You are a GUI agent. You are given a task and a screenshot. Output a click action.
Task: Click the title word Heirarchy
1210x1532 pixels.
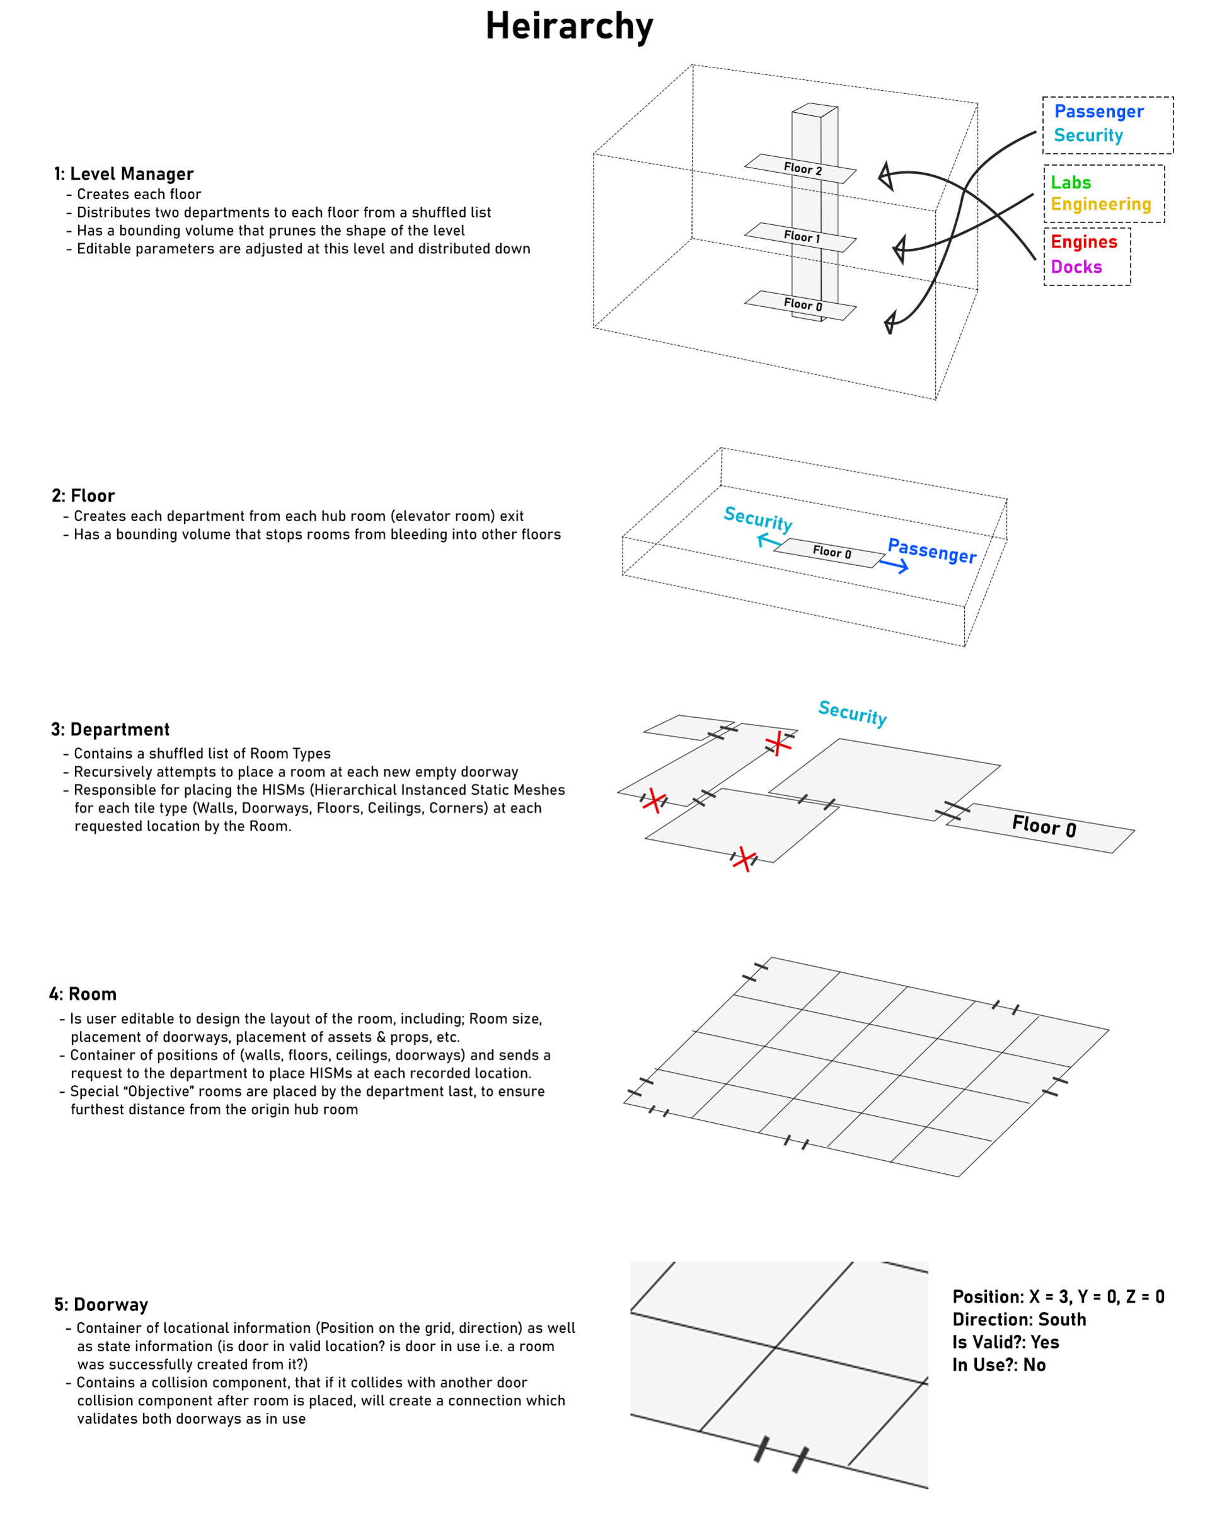click(x=569, y=27)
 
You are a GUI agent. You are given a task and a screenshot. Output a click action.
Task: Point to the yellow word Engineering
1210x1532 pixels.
click(x=1100, y=205)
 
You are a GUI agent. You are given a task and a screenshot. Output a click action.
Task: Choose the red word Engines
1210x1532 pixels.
click(x=1083, y=242)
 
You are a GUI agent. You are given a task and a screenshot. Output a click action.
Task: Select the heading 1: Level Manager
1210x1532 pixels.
click(x=124, y=174)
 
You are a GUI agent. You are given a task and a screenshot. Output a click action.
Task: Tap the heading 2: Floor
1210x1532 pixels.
click(x=84, y=496)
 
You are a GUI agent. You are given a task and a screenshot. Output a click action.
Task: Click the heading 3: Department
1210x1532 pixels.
click(x=110, y=730)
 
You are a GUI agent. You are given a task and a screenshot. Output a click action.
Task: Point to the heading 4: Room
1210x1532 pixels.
click(x=83, y=994)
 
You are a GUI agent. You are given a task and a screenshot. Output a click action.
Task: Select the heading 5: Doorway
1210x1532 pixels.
click(x=101, y=1305)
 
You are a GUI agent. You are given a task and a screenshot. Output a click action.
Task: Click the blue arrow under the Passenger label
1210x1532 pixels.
click(x=894, y=565)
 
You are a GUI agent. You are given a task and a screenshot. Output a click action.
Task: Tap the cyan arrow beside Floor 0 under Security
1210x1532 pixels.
click(x=769, y=541)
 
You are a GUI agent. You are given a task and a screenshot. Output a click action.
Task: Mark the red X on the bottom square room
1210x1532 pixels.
click(x=743, y=859)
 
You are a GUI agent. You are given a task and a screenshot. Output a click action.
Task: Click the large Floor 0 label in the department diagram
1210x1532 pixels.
click(x=1044, y=826)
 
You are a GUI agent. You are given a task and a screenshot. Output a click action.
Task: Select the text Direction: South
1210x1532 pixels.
click(x=1018, y=1320)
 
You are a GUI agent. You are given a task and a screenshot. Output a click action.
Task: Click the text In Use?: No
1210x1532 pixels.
click(x=998, y=1365)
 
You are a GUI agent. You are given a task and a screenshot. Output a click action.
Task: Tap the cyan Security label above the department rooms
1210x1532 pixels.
click(x=852, y=713)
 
